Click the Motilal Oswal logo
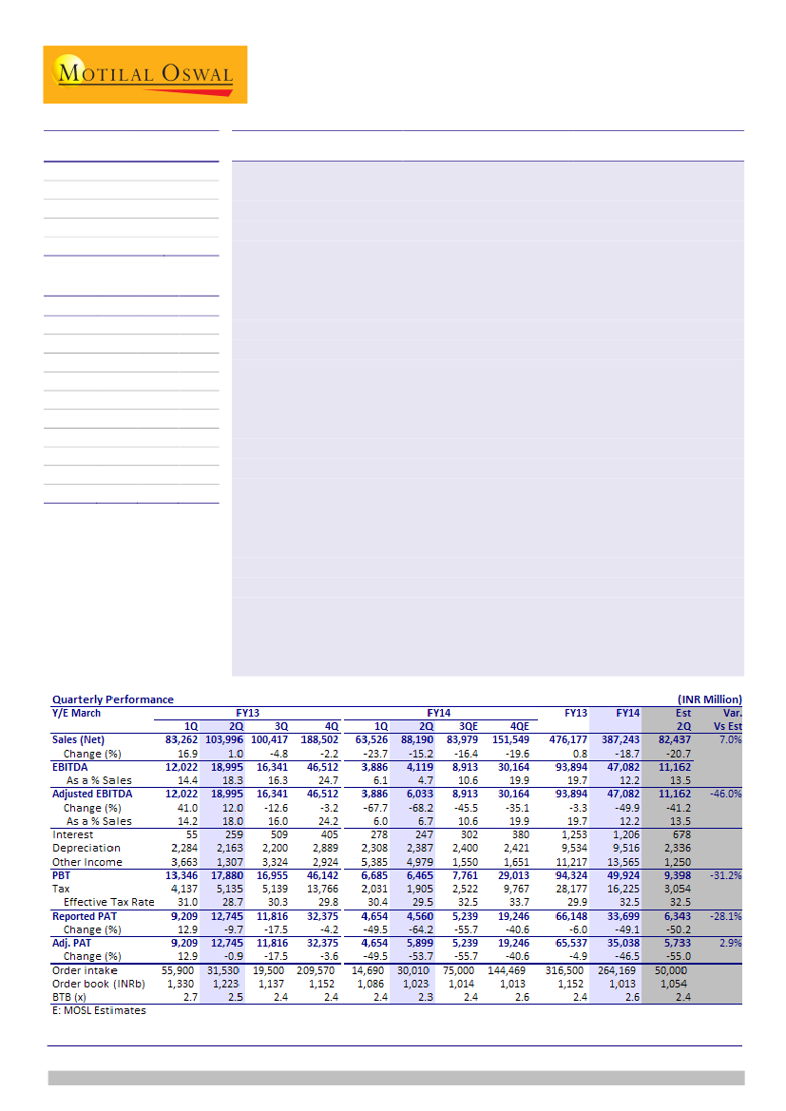tap(144, 74)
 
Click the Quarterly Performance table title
tap(113, 699)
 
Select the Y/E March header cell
tap(76, 713)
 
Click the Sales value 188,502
tap(318, 739)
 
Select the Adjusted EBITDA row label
tap(92, 794)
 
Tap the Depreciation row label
tap(86, 848)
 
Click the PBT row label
tap(62, 875)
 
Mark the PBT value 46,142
tap(318, 875)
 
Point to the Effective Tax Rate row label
tap(108, 902)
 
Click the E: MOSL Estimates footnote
tap(99, 1010)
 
